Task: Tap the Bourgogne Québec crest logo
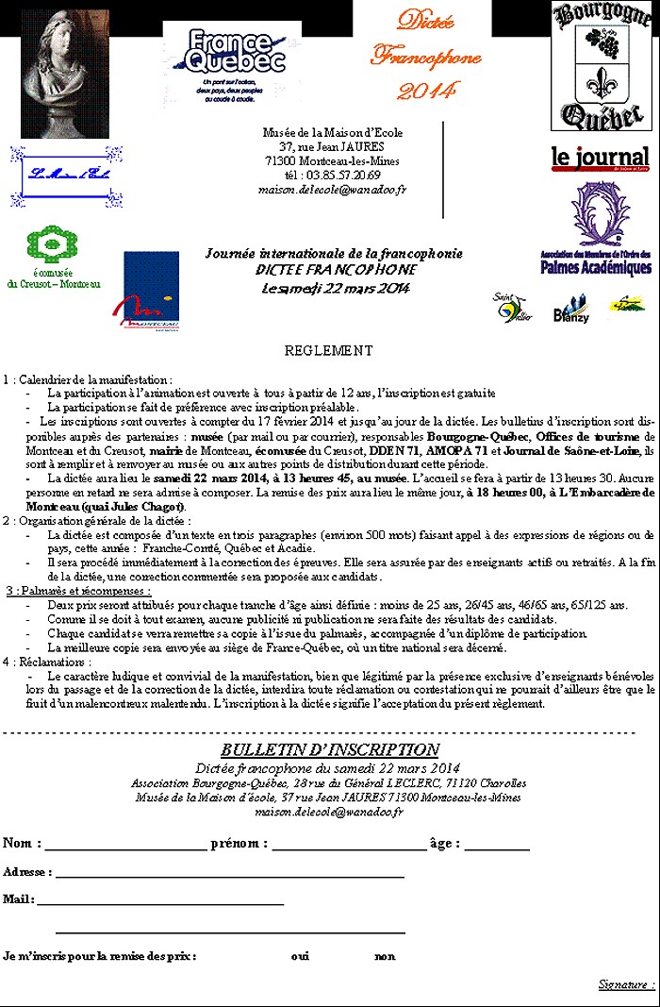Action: (601, 65)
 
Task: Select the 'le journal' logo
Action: (600, 158)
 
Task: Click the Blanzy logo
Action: (571, 310)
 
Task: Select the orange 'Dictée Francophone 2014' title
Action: (412, 56)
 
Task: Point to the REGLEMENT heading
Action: (328, 351)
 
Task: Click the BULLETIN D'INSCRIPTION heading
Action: (329, 724)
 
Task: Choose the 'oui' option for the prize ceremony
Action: (300, 956)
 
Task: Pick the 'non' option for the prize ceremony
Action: (384, 956)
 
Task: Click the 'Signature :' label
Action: (626, 984)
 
